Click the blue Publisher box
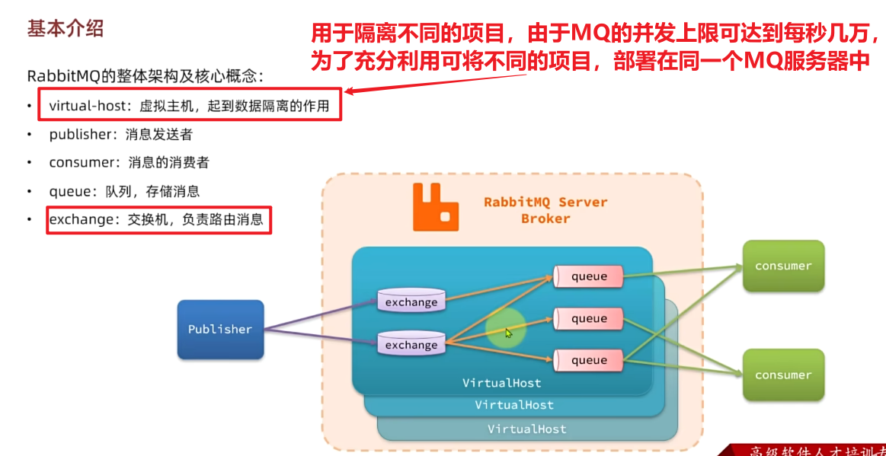click(220, 329)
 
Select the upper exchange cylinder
click(411, 301)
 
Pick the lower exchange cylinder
click(411, 344)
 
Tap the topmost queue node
click(589, 276)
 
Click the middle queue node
click(589, 318)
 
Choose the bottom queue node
click(589, 360)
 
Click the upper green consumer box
click(783, 266)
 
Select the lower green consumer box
click(783, 375)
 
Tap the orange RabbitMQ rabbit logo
click(435, 207)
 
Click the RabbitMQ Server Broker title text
click(545, 210)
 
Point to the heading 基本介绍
click(65, 29)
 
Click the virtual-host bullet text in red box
click(189, 106)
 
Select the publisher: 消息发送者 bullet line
click(120, 135)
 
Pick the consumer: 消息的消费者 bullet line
click(129, 163)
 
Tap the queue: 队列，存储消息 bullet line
click(124, 192)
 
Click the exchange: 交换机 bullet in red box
click(156, 220)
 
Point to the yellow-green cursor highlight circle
click(506, 329)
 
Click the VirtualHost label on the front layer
click(502, 383)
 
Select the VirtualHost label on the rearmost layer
click(527, 429)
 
